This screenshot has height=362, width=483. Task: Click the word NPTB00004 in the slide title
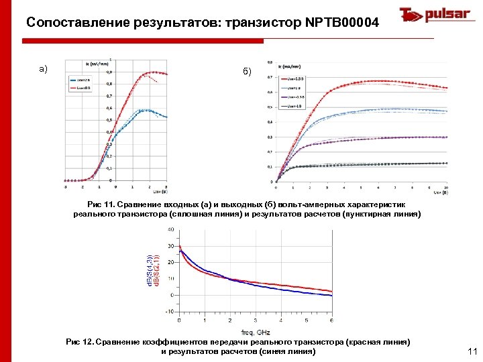point(341,23)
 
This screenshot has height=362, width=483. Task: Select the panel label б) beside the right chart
point(248,72)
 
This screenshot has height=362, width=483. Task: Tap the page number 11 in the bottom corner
point(470,351)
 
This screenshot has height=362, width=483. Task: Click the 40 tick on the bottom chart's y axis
point(170,229)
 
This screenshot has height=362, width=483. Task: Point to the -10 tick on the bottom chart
point(170,311)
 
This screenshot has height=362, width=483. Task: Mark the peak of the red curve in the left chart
point(154,72)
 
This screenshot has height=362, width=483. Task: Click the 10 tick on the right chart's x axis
point(446,187)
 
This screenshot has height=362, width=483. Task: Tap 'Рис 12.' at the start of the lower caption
point(80,342)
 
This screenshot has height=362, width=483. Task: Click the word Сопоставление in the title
point(70,23)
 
